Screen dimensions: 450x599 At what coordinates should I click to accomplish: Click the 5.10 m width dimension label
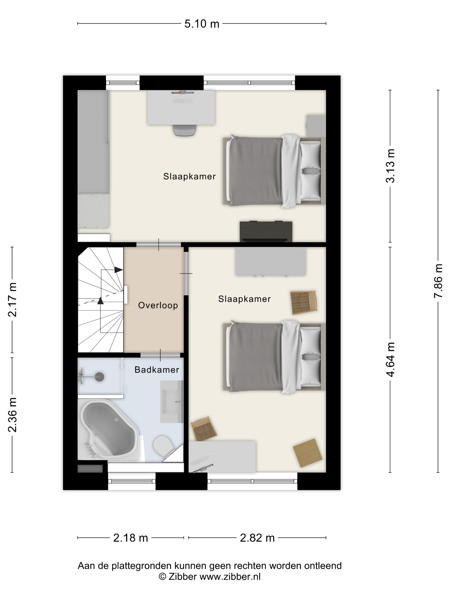pos(202,24)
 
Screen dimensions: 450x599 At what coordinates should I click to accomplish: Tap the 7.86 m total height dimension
pos(438,281)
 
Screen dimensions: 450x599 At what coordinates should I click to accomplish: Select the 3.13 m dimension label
pos(390,166)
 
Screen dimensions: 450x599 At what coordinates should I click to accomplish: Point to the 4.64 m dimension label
pos(390,359)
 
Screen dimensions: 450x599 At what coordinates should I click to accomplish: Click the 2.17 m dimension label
pos(12,299)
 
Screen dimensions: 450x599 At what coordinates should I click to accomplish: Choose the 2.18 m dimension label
pos(130,538)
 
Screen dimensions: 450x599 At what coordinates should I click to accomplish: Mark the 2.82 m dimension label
pos(257,538)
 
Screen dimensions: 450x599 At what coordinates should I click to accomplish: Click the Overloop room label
pos(158,305)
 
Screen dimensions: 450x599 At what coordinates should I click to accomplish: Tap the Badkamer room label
pos(157,370)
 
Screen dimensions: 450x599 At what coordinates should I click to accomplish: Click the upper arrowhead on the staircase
pos(118,270)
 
